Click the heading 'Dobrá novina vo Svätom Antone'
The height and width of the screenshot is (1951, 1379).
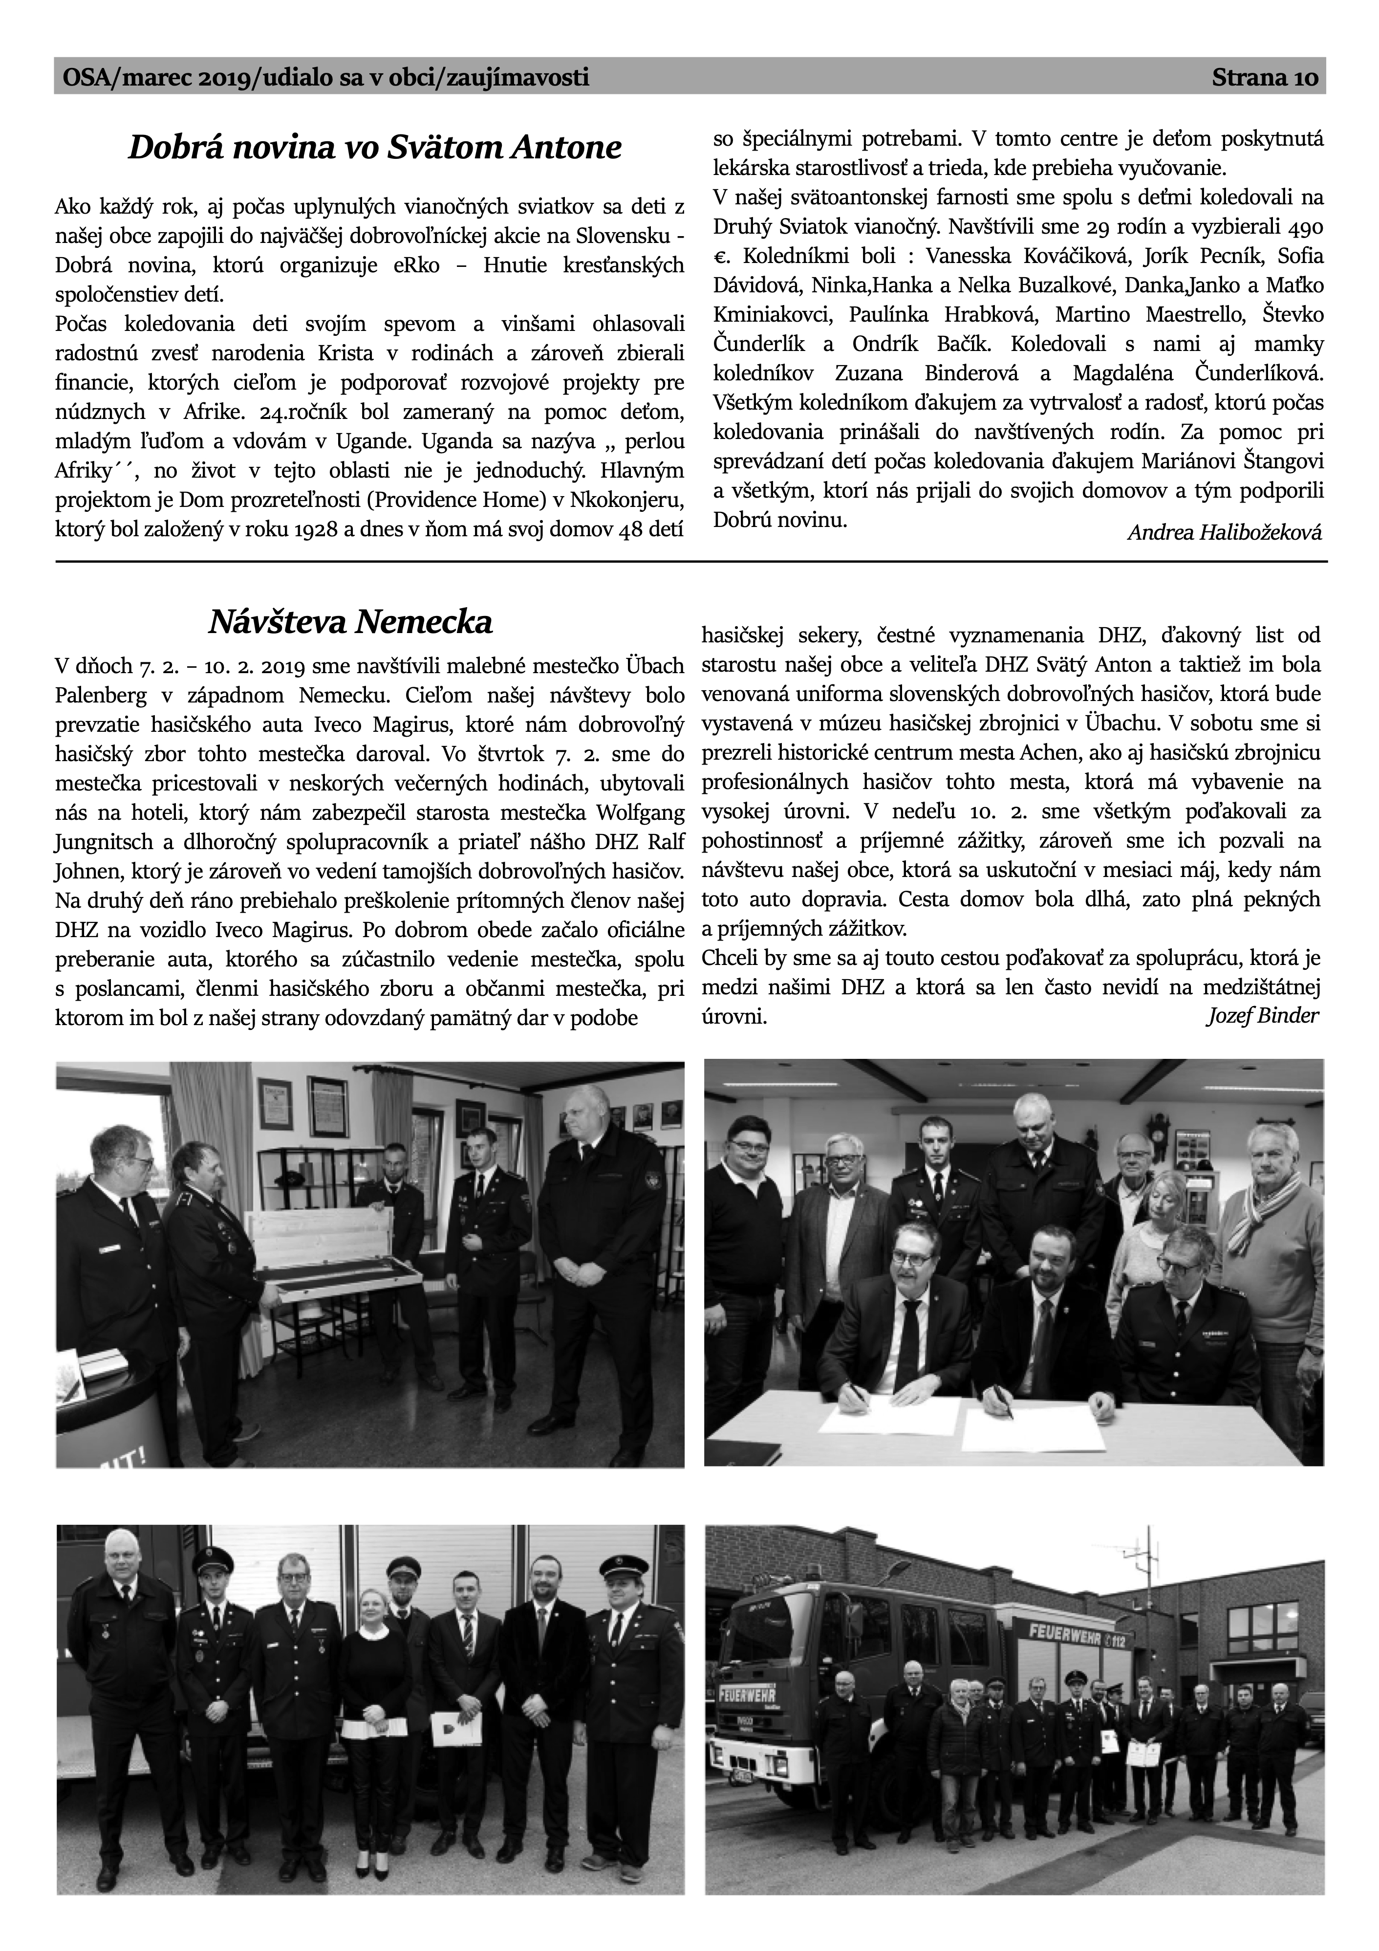coord(375,148)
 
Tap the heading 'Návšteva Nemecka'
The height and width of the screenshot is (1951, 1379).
coord(350,623)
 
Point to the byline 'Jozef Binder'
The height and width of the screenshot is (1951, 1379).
coord(1263,1015)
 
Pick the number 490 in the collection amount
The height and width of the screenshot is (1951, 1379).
coord(1306,228)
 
